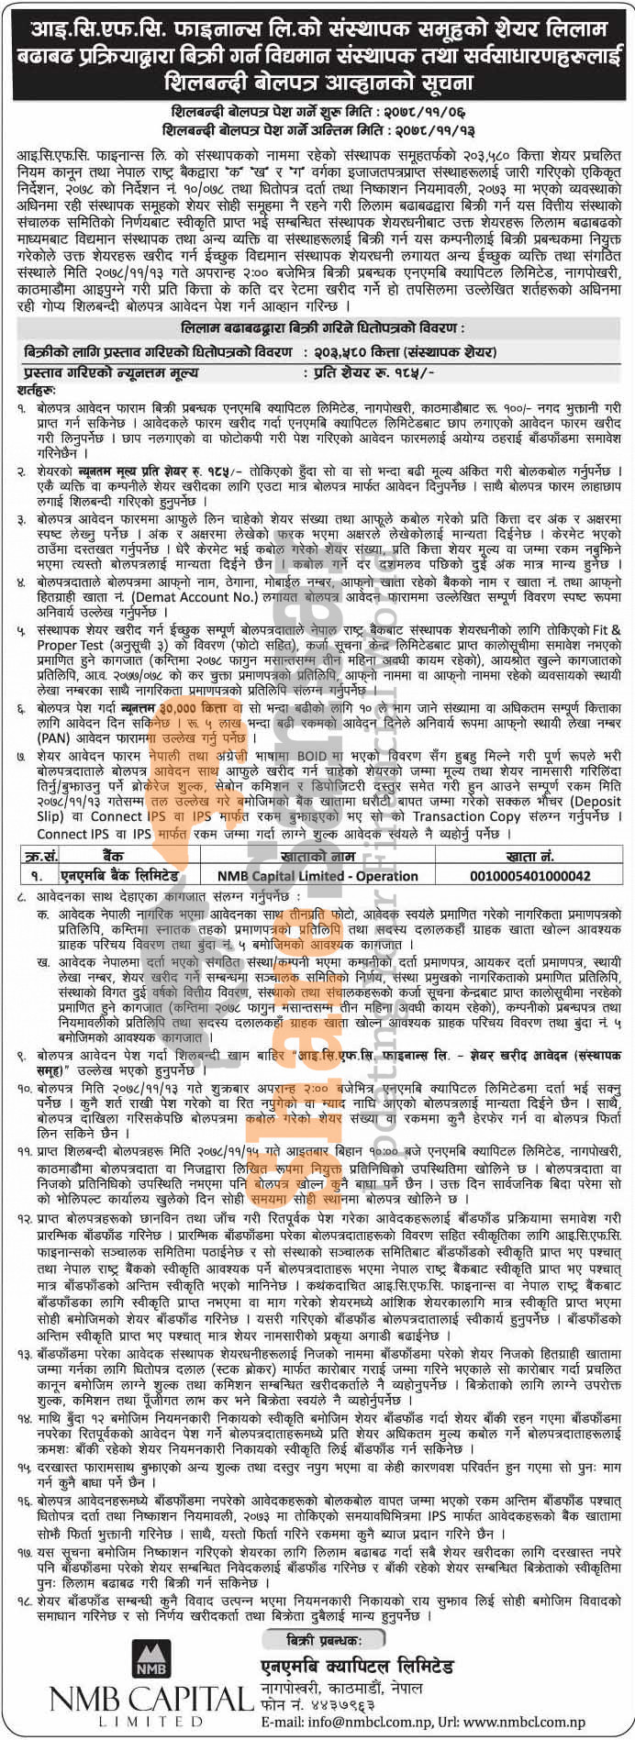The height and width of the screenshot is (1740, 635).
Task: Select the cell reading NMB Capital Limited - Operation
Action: point(317,875)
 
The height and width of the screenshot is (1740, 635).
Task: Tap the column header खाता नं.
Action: point(529,857)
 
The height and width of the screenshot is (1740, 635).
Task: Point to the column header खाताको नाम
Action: point(318,857)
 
